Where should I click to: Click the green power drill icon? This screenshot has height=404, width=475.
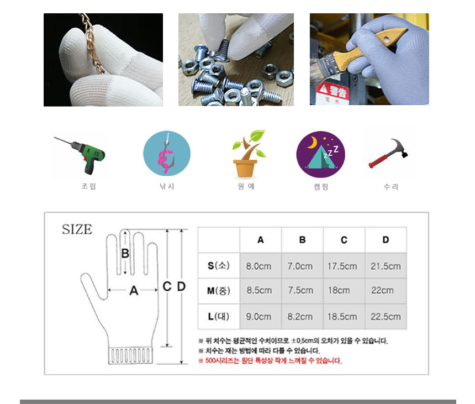click(81, 155)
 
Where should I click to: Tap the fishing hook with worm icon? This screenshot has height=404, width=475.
click(167, 153)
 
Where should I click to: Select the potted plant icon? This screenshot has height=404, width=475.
click(248, 154)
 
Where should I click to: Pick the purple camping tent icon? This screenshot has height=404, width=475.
click(320, 154)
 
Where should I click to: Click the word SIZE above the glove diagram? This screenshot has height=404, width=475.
click(77, 229)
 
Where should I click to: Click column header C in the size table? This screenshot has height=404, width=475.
click(344, 240)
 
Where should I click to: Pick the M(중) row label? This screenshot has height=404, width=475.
click(218, 291)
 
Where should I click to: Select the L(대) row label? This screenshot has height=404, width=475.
click(218, 317)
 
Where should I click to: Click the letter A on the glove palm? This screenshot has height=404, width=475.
click(134, 291)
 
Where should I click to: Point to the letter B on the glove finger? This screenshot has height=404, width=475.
click(125, 253)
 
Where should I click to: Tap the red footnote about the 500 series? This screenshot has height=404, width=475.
click(270, 361)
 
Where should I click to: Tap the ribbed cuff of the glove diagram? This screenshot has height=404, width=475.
click(130, 355)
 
